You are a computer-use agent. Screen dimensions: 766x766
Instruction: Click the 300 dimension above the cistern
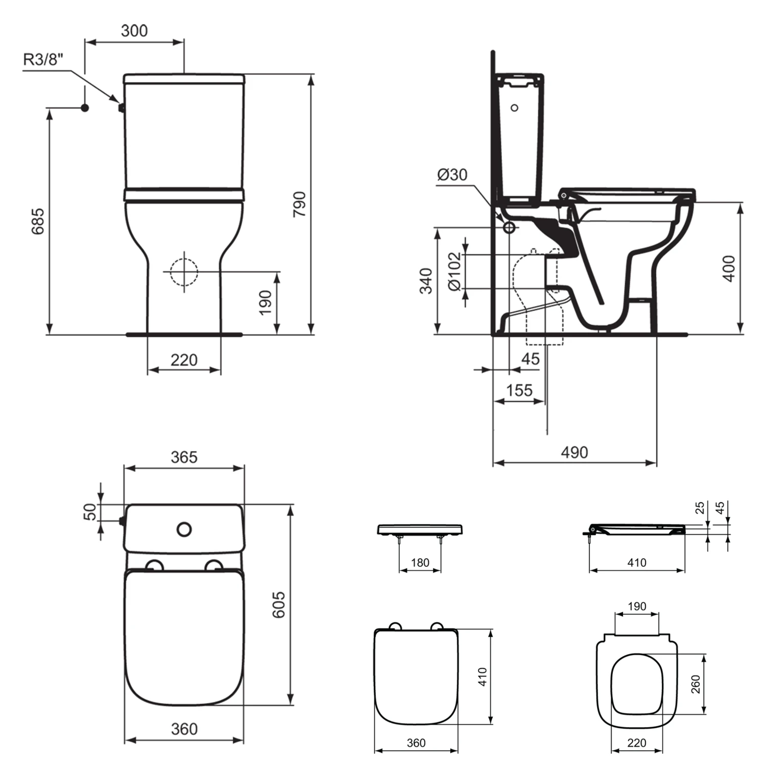pyautogui.click(x=134, y=31)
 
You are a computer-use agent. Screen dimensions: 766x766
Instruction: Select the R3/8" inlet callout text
pyautogui.click(x=43, y=59)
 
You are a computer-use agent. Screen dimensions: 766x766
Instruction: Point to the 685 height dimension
pyautogui.click(x=38, y=221)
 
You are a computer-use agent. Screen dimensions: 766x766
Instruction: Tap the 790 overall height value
pyautogui.click(x=300, y=204)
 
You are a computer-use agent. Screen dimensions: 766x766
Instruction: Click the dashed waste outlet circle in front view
pyautogui.click(x=183, y=272)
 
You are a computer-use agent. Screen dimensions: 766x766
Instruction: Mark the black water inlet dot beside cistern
pyautogui.click(x=85, y=108)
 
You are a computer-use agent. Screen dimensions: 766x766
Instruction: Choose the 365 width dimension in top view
pyautogui.click(x=184, y=457)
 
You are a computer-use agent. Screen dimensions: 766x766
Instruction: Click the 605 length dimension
pyautogui.click(x=279, y=605)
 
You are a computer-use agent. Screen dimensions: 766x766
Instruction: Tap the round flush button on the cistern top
pyautogui.click(x=184, y=529)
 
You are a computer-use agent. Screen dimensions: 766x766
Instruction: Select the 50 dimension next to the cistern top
pyautogui.click(x=90, y=512)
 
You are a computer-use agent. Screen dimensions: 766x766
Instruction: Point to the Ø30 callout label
pyautogui.click(x=452, y=175)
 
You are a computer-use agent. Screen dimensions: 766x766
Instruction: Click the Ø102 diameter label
pyautogui.click(x=454, y=271)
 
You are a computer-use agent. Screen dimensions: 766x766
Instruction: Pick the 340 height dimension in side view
pyautogui.click(x=426, y=281)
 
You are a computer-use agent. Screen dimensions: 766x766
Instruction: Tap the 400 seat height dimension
pyautogui.click(x=729, y=268)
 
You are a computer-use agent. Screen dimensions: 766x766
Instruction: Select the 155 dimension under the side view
pyautogui.click(x=519, y=391)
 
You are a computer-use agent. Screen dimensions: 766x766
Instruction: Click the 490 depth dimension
pyautogui.click(x=574, y=452)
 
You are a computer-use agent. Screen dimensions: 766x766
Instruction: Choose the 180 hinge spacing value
pyautogui.click(x=420, y=563)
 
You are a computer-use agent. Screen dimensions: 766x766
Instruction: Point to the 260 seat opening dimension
pyautogui.click(x=696, y=684)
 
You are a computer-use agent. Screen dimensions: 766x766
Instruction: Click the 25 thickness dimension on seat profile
pyautogui.click(x=700, y=508)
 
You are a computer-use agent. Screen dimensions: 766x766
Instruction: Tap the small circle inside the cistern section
pyautogui.click(x=514, y=108)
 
